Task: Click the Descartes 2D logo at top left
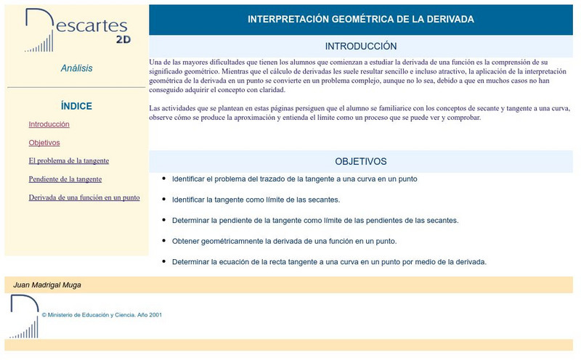(77, 31)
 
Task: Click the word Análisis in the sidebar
(76, 68)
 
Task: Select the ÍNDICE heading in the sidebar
(76, 106)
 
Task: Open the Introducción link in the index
(49, 124)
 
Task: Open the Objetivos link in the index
(44, 143)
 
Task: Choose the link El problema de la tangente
(69, 160)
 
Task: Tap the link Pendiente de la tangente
(65, 179)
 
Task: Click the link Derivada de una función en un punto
(84, 197)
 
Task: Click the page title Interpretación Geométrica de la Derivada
(361, 20)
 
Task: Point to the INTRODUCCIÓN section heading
(361, 46)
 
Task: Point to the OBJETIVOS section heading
(361, 161)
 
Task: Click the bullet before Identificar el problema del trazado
(164, 178)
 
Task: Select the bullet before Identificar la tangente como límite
(164, 199)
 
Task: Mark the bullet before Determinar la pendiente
(164, 219)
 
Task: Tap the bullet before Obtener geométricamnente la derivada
(164, 240)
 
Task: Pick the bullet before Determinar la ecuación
(164, 261)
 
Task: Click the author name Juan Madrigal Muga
(47, 285)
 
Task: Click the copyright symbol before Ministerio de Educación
(44, 316)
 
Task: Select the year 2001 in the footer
(155, 316)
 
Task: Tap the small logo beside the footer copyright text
(24, 316)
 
